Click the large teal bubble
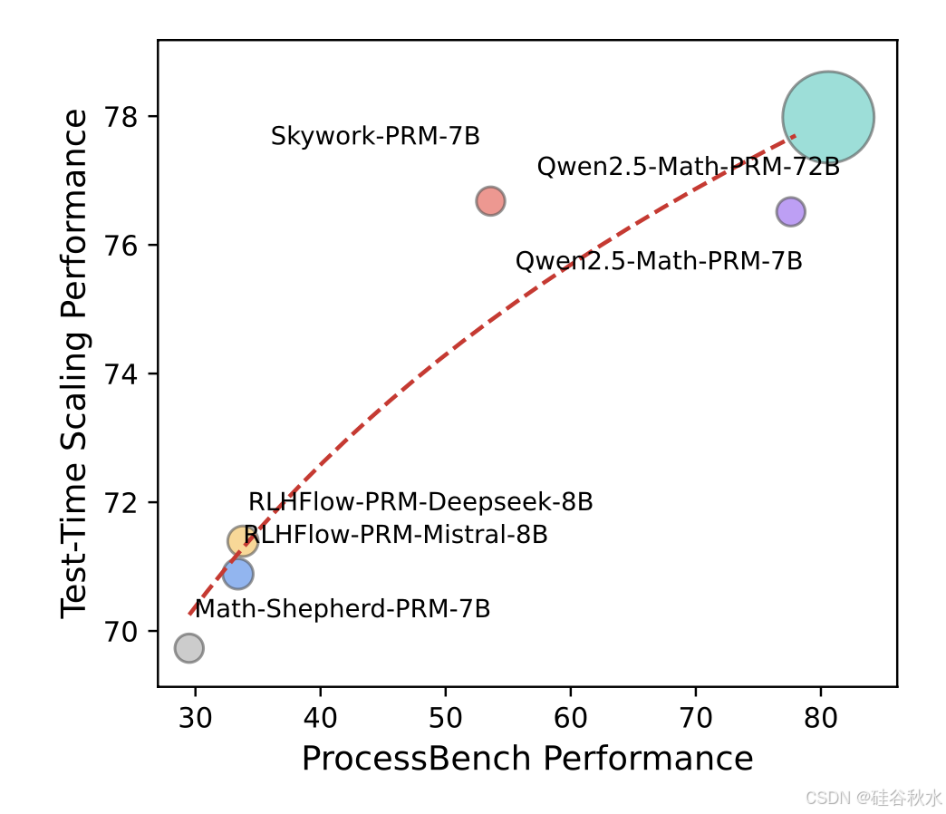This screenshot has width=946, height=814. click(x=827, y=117)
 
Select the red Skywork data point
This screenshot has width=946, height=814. click(x=490, y=201)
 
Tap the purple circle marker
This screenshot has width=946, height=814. click(x=790, y=211)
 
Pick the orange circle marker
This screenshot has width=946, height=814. click(x=243, y=541)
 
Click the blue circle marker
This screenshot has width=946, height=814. click(x=237, y=574)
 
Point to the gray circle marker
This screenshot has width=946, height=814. click(x=188, y=648)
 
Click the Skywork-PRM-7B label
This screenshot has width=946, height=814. click(x=375, y=138)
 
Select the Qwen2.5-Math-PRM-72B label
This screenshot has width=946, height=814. click(x=688, y=168)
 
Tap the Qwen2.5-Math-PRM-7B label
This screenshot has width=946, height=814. click(x=659, y=262)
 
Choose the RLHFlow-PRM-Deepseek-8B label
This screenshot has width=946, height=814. click(x=420, y=502)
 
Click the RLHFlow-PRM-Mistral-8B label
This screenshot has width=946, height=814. click(x=396, y=535)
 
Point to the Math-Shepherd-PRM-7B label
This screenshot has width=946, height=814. click(x=343, y=609)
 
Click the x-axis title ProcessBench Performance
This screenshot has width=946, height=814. click(x=527, y=760)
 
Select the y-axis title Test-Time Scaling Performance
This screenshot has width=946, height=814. click(x=76, y=363)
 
